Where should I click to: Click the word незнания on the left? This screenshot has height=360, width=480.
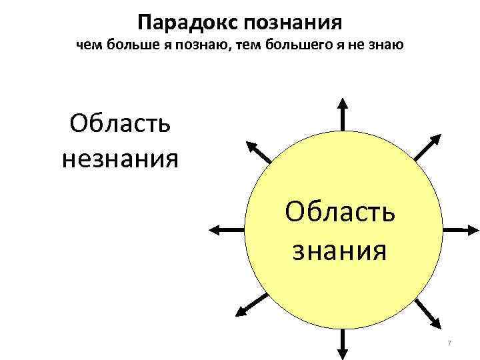click(120, 159)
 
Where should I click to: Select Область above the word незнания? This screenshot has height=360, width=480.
click(120, 125)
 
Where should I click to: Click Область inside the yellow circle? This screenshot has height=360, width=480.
click(339, 214)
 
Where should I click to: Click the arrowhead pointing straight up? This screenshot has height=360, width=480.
click(342, 103)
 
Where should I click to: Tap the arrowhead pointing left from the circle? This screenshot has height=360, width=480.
click(215, 229)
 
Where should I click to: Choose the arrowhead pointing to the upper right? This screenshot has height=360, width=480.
click(435, 140)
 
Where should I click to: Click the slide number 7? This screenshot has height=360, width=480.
click(449, 343)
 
